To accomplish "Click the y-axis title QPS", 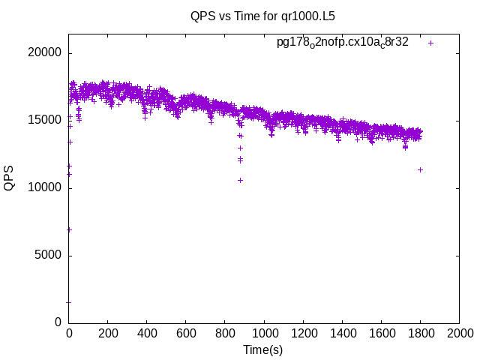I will coord(9,178).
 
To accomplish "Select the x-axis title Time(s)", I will coord(262,349).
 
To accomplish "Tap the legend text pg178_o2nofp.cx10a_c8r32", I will coord(342,42).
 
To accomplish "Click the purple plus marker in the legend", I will coord(431,43).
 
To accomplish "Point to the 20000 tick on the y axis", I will coord(46,53).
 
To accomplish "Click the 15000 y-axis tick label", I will coord(46,120).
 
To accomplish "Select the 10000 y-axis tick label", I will coord(46,187).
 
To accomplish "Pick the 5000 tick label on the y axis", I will coord(49,255).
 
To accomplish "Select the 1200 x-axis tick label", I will coord(303,334).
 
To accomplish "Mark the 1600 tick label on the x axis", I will coord(381,334).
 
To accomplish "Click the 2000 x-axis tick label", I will coord(459,334).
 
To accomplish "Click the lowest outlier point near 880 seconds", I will coord(241,180).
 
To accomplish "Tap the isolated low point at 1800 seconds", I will coord(421,169).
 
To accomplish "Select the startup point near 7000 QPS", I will coord(69,229).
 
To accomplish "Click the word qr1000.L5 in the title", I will coord(310,15).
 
